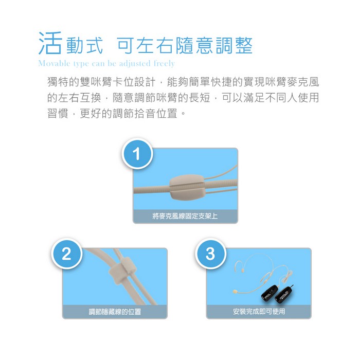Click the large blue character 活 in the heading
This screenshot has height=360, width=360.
click(x=50, y=43)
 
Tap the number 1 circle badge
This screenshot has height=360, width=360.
click(x=137, y=154)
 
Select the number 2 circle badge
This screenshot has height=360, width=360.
click(x=66, y=254)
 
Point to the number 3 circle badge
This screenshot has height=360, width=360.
click(x=210, y=254)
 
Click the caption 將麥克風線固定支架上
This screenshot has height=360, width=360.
click(x=185, y=216)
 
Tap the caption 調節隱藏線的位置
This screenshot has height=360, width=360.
click(x=115, y=312)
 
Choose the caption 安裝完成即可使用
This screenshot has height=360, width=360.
click(x=259, y=311)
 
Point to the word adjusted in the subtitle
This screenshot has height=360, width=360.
click(x=134, y=63)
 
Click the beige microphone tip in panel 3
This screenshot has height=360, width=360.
click(x=235, y=292)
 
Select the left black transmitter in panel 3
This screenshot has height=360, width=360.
click(x=270, y=293)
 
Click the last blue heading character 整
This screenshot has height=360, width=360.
click(x=244, y=45)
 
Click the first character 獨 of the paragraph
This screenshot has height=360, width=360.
click(x=52, y=82)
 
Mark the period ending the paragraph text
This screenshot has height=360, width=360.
click(x=183, y=114)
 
